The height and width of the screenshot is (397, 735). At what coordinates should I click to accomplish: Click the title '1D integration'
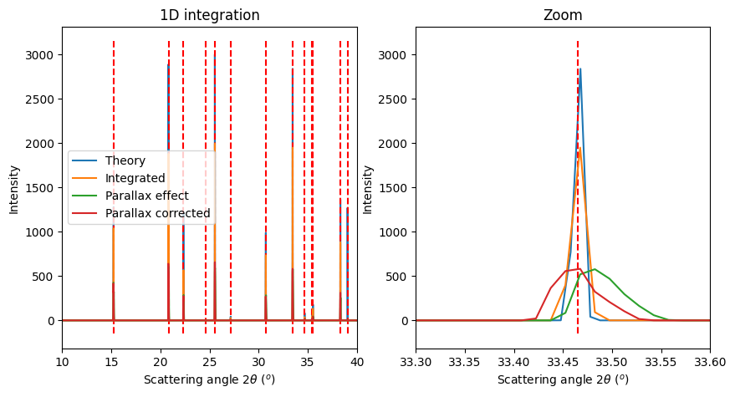(209, 15)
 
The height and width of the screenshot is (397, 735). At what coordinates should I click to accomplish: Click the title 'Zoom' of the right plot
(563, 15)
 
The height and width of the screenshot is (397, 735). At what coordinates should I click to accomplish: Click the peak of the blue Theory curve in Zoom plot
(580, 69)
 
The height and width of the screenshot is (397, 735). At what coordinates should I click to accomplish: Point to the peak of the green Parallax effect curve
(594, 269)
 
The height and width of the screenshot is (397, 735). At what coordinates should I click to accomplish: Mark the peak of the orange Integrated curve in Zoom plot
(578, 150)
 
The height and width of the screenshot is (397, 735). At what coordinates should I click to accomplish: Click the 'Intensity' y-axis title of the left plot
(13, 188)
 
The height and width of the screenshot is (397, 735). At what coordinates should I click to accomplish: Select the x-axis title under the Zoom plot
(563, 379)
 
